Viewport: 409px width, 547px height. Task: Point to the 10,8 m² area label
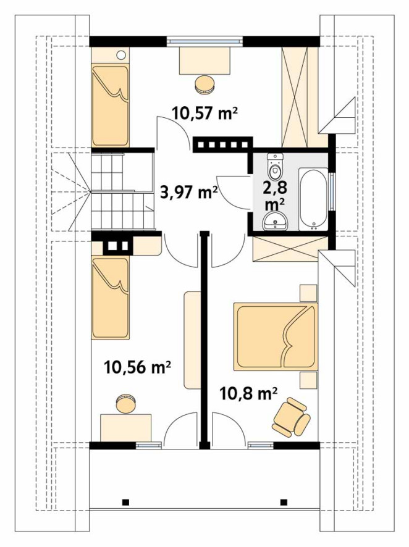(x=248, y=395)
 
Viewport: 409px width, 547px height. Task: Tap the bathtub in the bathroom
(x=313, y=199)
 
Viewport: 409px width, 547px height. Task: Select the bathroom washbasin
(x=276, y=221)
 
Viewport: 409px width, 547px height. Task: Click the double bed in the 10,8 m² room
(x=276, y=336)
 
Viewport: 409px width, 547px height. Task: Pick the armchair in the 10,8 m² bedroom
(x=292, y=417)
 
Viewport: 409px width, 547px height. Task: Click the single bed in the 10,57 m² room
(x=110, y=106)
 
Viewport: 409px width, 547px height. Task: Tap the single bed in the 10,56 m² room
(x=110, y=297)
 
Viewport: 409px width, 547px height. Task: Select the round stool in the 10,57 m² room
(x=204, y=85)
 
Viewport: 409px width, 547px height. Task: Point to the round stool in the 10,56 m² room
(x=125, y=404)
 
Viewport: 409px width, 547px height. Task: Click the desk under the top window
(x=205, y=60)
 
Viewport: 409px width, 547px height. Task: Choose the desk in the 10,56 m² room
(x=125, y=428)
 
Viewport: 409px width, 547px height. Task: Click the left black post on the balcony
(x=125, y=503)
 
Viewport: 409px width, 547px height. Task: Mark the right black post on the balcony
(x=284, y=503)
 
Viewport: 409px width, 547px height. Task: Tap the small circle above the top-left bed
(x=120, y=55)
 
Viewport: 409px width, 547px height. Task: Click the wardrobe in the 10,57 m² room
(x=295, y=97)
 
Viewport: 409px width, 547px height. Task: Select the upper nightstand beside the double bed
(x=308, y=293)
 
